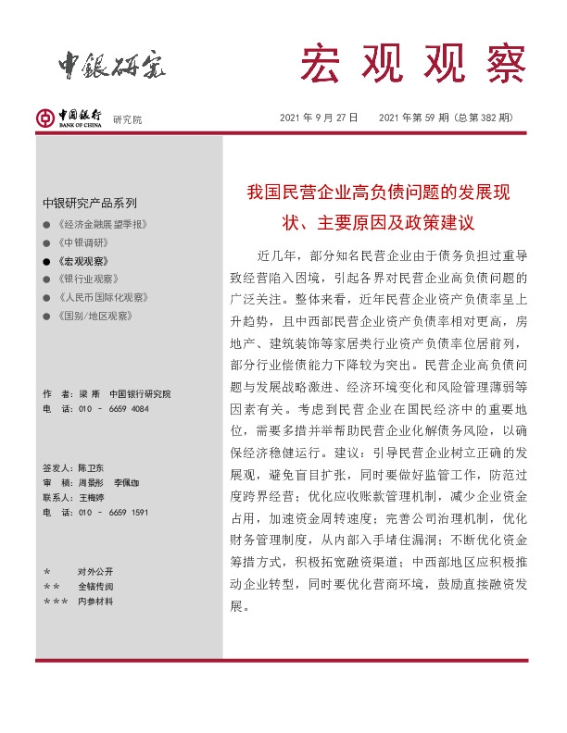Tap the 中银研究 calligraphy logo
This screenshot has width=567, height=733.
112,64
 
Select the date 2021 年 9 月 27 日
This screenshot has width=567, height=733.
319,118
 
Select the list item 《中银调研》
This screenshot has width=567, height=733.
82,243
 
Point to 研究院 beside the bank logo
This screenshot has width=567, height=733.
128,119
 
